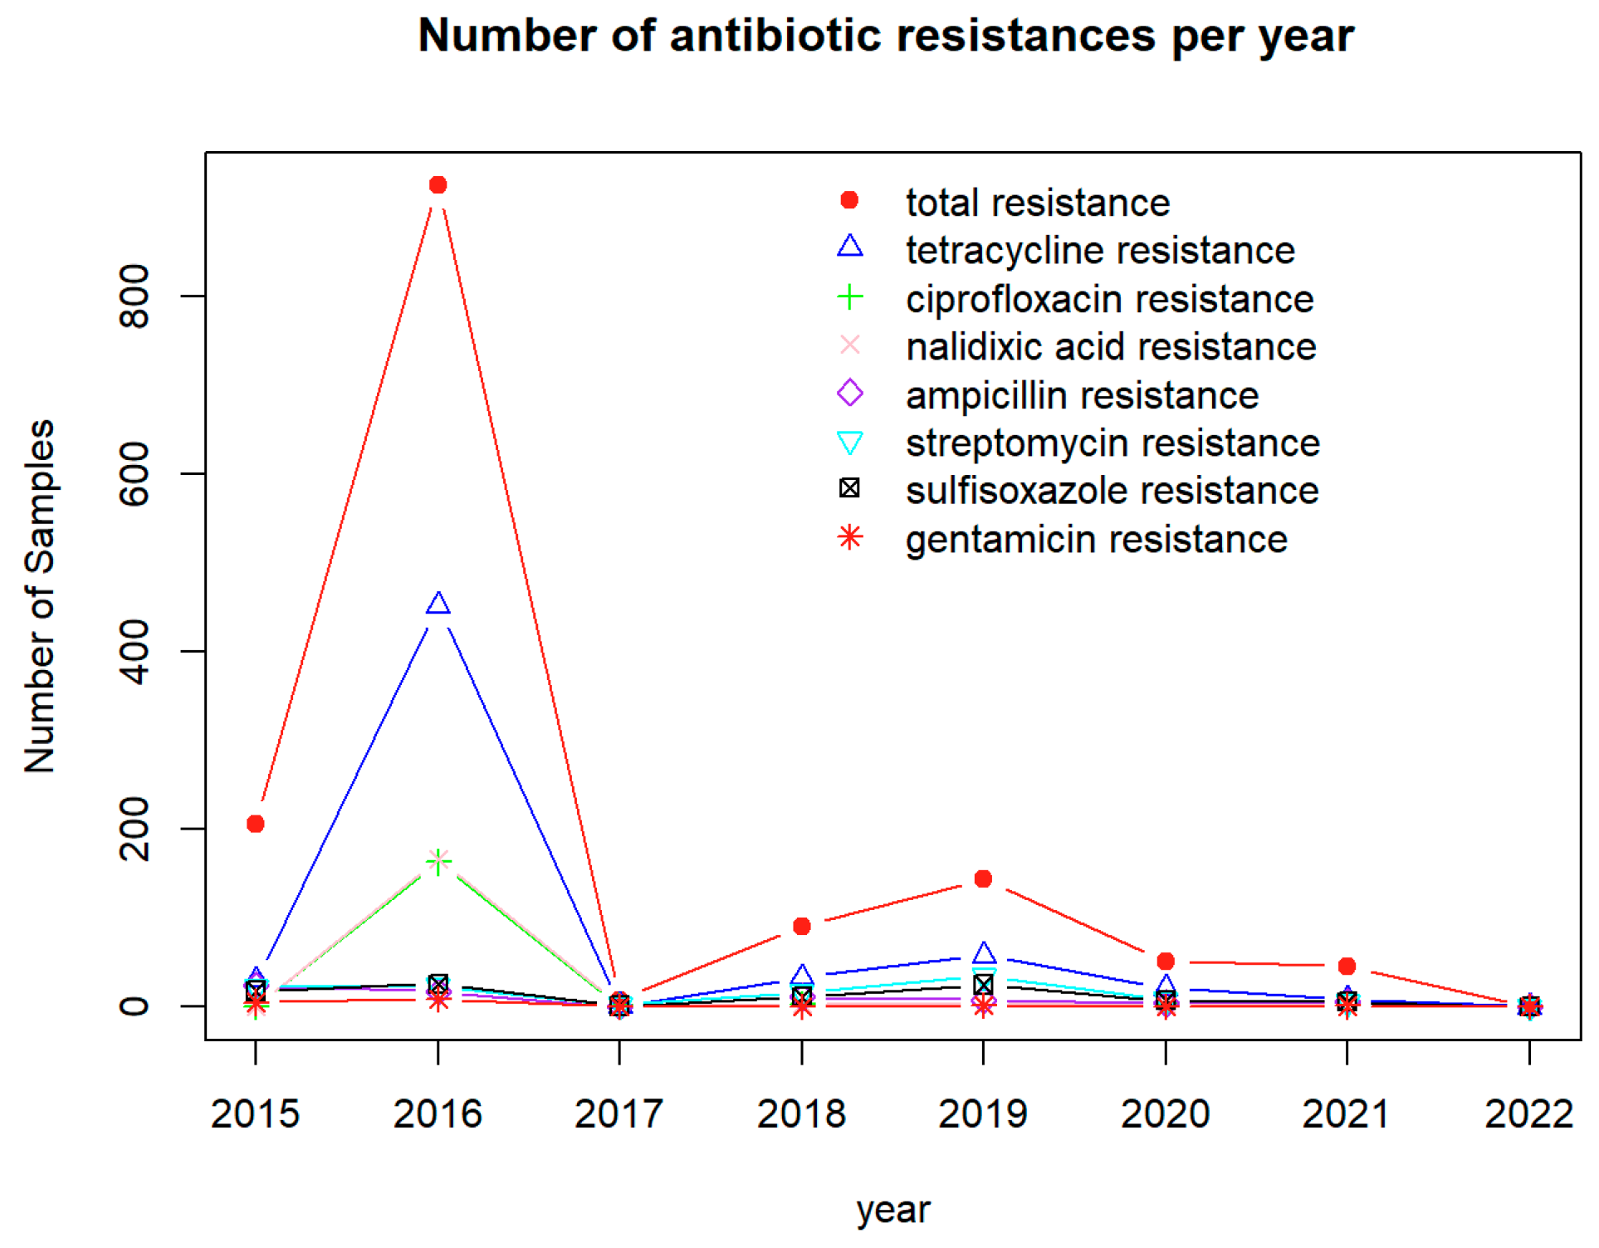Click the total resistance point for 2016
(438, 185)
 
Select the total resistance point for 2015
(256, 824)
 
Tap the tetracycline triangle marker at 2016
(438, 604)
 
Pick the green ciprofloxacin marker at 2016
(438, 861)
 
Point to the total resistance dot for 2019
(983, 878)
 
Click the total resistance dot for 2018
(801, 926)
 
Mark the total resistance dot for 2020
(1166, 961)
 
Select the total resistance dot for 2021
(1347, 966)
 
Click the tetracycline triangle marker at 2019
(983, 952)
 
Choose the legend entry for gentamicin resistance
(1096, 540)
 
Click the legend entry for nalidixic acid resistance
(1110, 347)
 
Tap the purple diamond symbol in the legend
(849, 393)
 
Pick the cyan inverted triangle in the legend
(849, 443)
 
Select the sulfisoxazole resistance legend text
(1112, 491)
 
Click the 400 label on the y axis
(134, 651)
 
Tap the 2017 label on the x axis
(619, 1113)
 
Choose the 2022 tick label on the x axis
(1528, 1113)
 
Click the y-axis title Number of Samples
(39, 596)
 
